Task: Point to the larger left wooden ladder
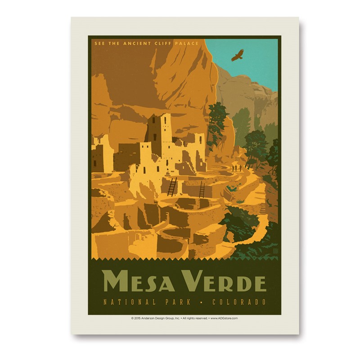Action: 172,186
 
